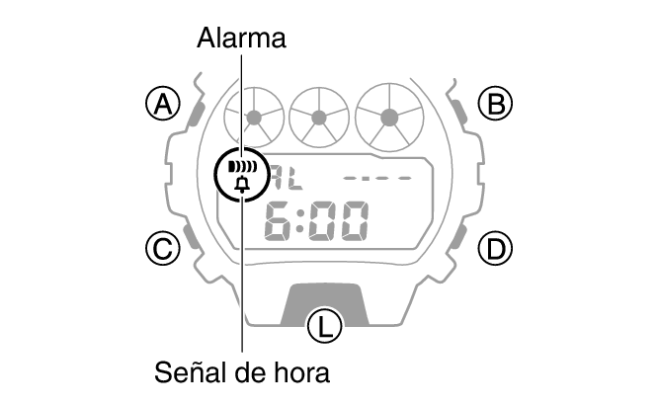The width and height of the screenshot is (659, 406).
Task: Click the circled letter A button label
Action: tap(163, 104)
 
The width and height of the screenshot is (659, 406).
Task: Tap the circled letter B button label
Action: tap(496, 104)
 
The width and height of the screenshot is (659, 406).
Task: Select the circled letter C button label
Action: tap(163, 248)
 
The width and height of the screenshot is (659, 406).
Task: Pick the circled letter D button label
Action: tap(496, 248)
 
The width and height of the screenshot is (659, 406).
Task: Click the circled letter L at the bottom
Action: tap(324, 326)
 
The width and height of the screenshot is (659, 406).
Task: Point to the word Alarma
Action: tap(242, 39)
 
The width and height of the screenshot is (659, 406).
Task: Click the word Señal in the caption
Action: tap(188, 372)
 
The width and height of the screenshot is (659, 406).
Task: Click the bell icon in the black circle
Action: tap(242, 185)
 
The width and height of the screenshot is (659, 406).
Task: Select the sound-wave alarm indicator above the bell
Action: tap(242, 167)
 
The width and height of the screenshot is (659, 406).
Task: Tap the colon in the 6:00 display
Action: tap(300, 221)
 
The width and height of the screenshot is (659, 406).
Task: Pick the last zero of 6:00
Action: tap(355, 221)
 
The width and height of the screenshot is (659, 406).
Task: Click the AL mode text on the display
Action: tap(288, 178)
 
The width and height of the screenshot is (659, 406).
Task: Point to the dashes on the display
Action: tap(377, 178)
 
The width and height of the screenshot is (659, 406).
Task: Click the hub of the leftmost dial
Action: tap(254, 119)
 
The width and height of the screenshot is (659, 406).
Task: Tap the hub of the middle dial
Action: tap(319, 119)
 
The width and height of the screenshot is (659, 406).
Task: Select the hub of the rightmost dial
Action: tap(389, 118)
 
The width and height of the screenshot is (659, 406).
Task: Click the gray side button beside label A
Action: tap(196, 113)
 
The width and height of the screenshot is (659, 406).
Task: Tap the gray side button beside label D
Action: tap(460, 237)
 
